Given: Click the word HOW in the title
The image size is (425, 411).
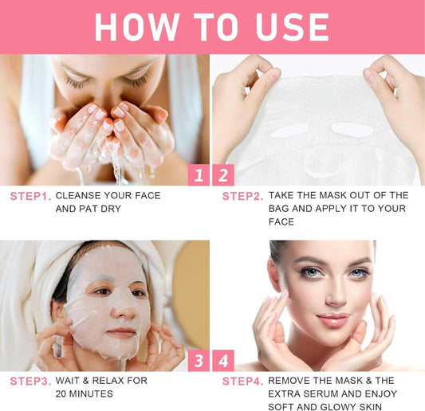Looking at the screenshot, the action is pyautogui.click(x=137, y=27).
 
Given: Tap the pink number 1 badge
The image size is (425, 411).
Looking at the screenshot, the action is pyautogui.click(x=199, y=175).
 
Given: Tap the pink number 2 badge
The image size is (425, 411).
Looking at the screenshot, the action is pyautogui.click(x=223, y=175).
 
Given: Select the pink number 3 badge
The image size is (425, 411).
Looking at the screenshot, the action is pyautogui.click(x=199, y=360).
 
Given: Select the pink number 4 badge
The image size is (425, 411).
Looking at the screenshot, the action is pyautogui.click(x=223, y=360).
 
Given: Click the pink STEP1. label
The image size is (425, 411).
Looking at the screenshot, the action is pyautogui.click(x=30, y=196).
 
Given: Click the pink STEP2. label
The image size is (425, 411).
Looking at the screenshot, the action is pyautogui.click(x=243, y=196).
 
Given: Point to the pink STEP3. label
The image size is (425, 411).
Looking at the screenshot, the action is pyautogui.click(x=30, y=382).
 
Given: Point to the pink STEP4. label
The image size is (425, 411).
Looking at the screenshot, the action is pyautogui.click(x=243, y=382).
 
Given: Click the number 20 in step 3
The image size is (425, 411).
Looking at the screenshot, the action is pyautogui.click(x=61, y=393).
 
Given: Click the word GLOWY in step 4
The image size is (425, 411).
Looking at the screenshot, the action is pyautogui.click(x=338, y=407).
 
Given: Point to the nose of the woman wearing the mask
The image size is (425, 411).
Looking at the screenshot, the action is pyautogui.click(x=124, y=308).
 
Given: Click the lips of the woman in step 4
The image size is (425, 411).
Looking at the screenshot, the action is pyautogui.click(x=333, y=319).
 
